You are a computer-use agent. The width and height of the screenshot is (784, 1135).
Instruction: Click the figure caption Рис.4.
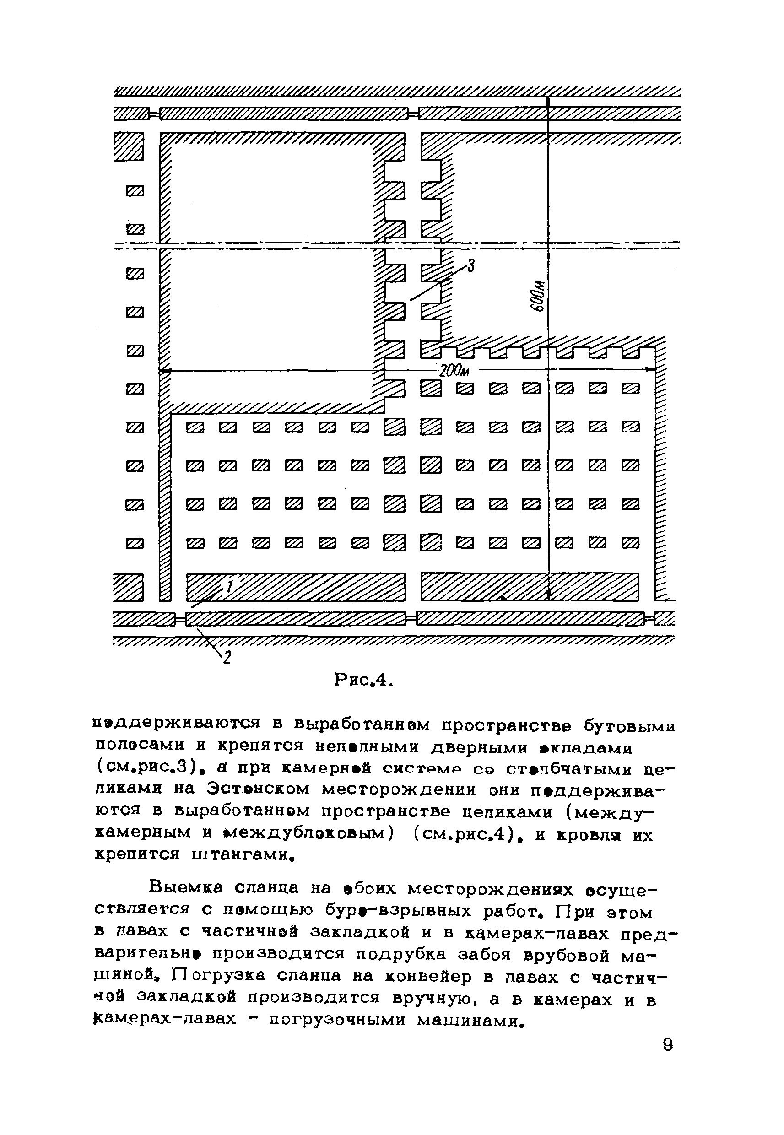click(x=363, y=681)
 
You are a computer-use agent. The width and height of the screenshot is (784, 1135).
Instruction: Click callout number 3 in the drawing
click(x=470, y=267)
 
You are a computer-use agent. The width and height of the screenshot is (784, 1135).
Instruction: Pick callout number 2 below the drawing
click(x=227, y=657)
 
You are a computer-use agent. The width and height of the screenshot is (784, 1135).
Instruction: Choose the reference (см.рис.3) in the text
click(x=142, y=767)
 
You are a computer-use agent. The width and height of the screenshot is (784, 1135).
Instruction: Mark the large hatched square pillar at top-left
click(x=129, y=146)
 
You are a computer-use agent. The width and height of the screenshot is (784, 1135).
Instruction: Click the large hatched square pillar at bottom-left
click(x=129, y=587)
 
